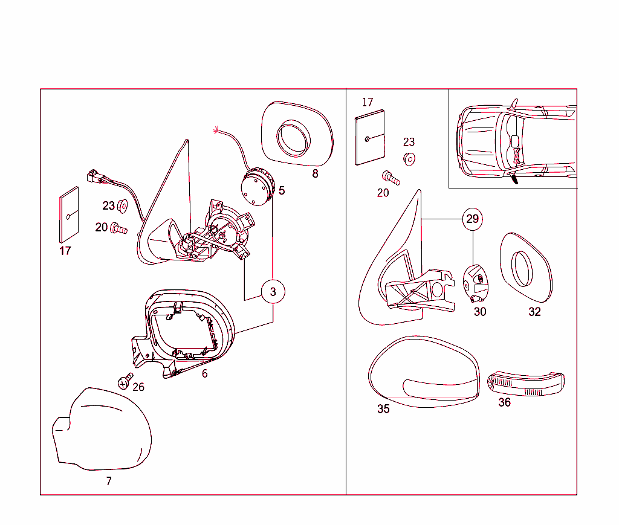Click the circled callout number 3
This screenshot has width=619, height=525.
[x=273, y=292]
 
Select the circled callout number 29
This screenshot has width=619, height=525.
[x=473, y=219]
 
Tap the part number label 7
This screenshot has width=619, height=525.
[x=109, y=481]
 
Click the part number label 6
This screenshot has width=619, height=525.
[x=204, y=373]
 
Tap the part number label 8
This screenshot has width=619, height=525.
[x=315, y=174]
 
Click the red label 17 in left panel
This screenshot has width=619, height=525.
[x=65, y=251]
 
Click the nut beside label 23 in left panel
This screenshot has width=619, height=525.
[x=122, y=205]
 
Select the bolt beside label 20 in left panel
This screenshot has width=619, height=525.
[x=119, y=228]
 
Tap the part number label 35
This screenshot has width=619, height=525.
[x=383, y=409]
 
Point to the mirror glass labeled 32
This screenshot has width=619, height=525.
[x=525, y=268]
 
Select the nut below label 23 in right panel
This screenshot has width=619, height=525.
[x=409, y=159]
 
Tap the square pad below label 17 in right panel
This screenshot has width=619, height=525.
[x=370, y=138]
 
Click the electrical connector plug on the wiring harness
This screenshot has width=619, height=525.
[x=94, y=176]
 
